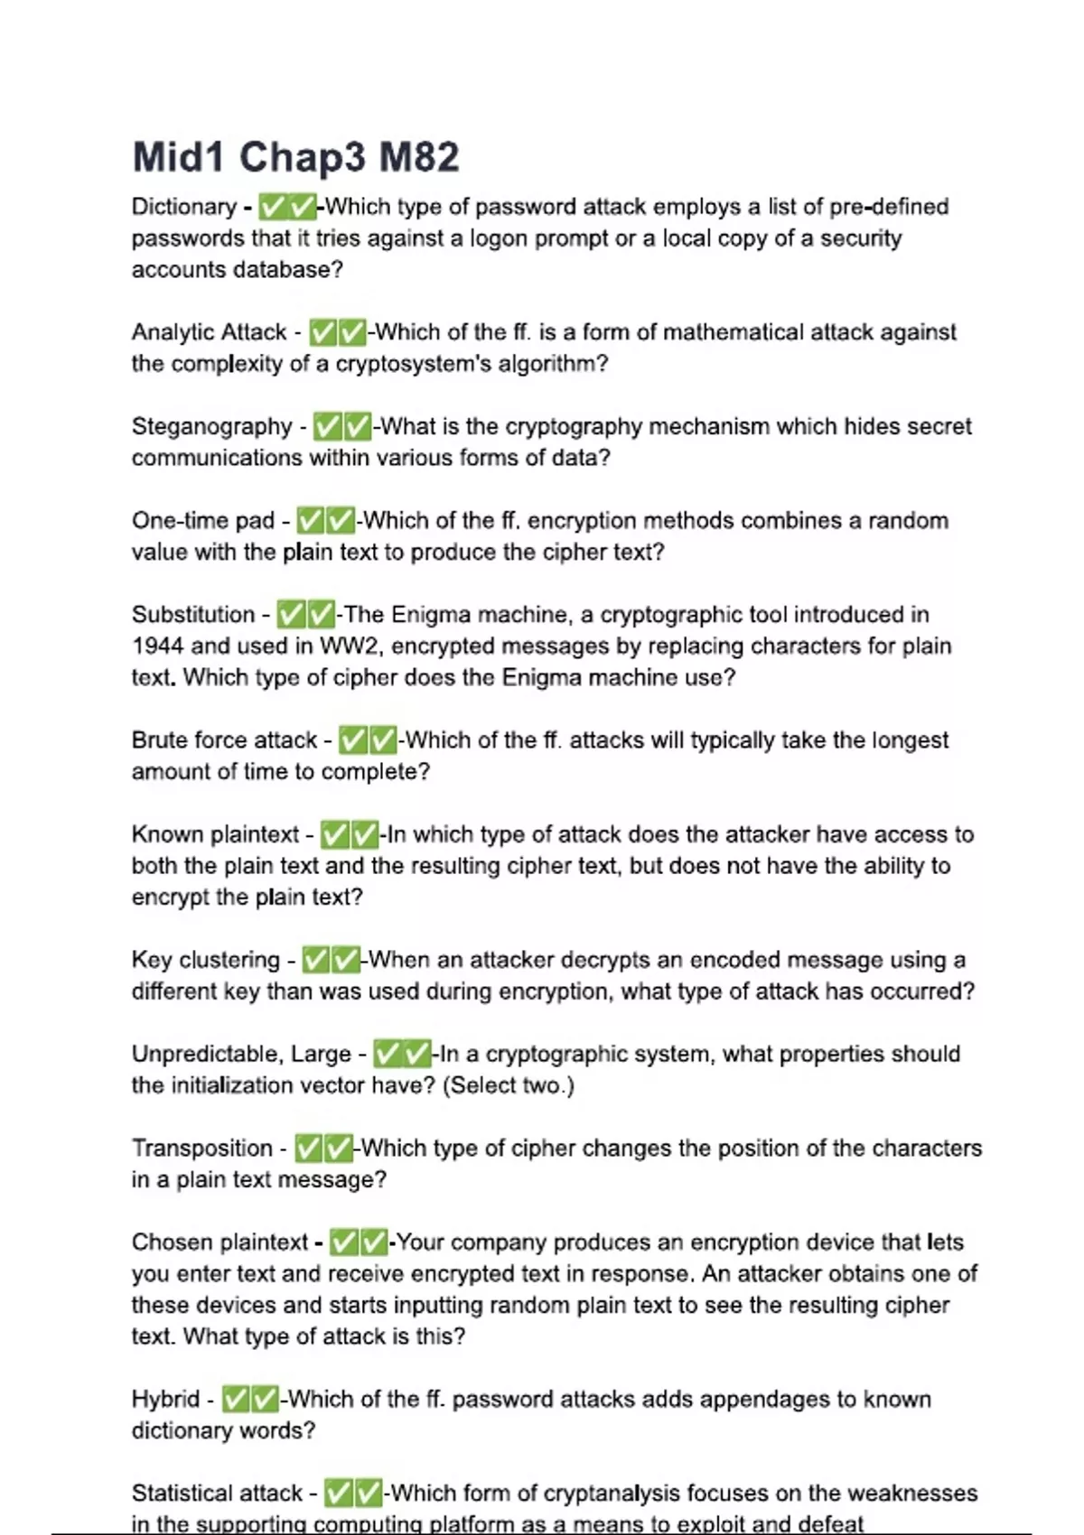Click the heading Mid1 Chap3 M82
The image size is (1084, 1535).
(295, 157)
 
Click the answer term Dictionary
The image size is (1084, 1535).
(183, 207)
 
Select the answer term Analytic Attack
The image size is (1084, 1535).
(209, 332)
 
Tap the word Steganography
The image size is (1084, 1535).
(212, 426)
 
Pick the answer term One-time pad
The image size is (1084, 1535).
(203, 521)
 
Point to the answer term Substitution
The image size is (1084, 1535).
(193, 615)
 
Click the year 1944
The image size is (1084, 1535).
(158, 647)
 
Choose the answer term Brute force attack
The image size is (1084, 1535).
(224, 740)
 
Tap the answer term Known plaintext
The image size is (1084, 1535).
(215, 834)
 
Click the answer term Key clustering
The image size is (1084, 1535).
(206, 960)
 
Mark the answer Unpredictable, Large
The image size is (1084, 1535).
(241, 1054)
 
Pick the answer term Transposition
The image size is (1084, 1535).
(202, 1149)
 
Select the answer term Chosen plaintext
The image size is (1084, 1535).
(220, 1242)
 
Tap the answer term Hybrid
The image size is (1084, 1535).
(165, 1400)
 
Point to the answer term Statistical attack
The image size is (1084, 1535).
(217, 1493)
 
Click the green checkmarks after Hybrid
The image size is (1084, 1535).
(250, 1400)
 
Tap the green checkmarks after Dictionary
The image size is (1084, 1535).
(287, 207)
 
